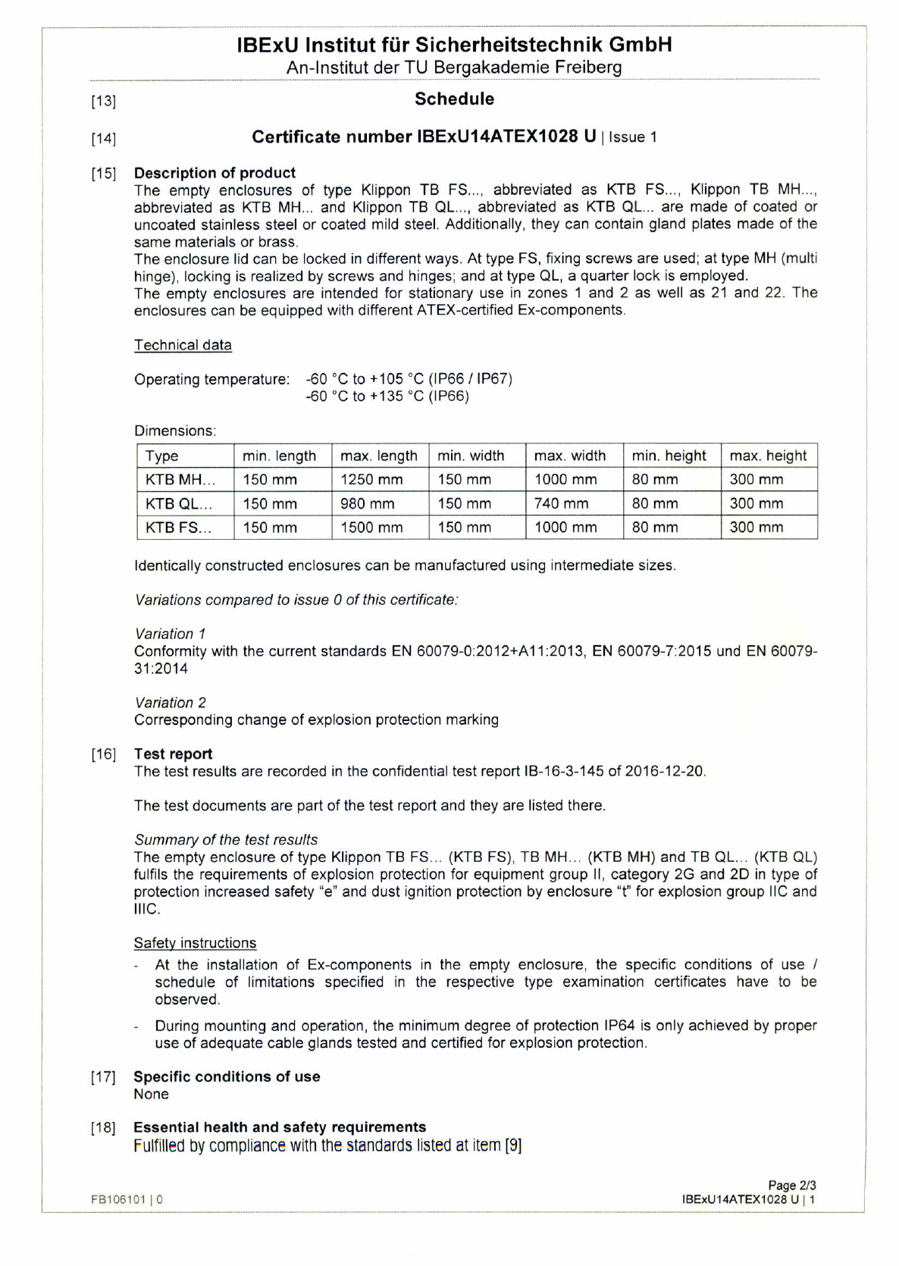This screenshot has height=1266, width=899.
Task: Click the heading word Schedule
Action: (x=454, y=99)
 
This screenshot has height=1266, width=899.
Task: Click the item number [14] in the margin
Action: (x=103, y=139)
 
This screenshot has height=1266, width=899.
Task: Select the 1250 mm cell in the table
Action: (x=371, y=480)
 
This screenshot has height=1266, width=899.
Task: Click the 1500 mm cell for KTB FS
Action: (x=371, y=528)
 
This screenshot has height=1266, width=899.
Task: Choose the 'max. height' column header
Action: (x=768, y=456)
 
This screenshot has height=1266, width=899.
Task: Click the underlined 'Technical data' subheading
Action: (x=183, y=346)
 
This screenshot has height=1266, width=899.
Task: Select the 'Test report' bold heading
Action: (x=173, y=754)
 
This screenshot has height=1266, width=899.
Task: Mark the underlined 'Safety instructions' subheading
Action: (x=195, y=944)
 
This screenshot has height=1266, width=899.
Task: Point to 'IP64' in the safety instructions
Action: (x=620, y=1026)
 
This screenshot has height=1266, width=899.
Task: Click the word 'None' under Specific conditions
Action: (x=151, y=1095)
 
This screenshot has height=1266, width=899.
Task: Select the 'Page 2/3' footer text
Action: (x=791, y=1186)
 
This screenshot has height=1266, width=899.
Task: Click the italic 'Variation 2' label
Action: (x=170, y=704)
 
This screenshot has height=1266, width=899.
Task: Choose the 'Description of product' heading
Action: (x=215, y=173)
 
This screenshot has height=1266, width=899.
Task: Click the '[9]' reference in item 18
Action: (x=513, y=1145)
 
